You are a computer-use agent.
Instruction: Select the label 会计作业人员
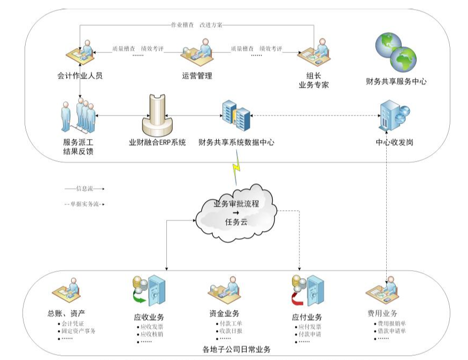80,76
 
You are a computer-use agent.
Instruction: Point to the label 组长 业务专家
313,80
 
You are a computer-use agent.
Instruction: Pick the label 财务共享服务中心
396,82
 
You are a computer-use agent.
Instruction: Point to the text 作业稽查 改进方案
196,25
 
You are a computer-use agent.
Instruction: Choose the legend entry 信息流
85,188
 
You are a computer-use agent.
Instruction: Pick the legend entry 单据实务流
84,204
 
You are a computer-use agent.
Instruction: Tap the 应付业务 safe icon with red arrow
307,291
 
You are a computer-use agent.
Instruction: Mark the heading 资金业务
225,313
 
